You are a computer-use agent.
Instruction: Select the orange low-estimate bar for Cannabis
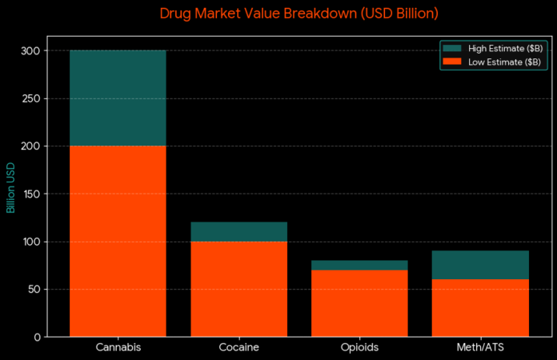tap(118, 241)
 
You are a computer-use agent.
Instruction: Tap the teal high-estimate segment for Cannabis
tap(118, 98)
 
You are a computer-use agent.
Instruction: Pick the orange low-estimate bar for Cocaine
tap(238, 289)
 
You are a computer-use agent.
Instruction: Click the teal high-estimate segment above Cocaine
tap(238, 232)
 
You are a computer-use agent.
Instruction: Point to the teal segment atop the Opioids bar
tap(359, 266)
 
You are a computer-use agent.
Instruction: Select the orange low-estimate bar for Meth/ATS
tap(480, 308)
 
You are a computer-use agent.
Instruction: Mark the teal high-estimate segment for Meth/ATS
tap(480, 265)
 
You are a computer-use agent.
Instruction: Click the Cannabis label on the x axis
tap(118, 348)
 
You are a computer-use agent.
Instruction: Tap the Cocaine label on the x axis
tap(238, 348)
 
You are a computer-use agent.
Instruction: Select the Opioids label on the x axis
tap(359, 348)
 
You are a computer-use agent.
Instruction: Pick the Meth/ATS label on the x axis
tap(480, 348)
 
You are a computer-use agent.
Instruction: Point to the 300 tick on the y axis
tap(31, 51)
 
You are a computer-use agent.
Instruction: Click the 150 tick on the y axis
tap(31, 194)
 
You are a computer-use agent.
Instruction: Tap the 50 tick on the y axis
tap(34, 289)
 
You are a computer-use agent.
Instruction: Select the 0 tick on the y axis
tap(37, 337)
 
